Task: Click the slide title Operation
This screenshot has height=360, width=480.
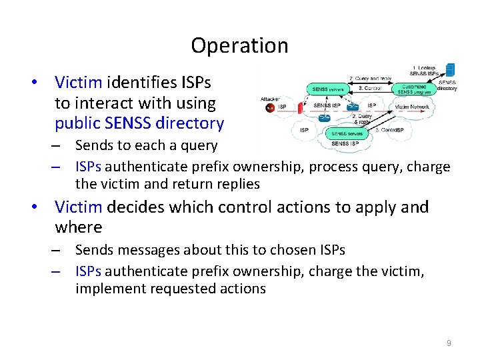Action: coord(239,45)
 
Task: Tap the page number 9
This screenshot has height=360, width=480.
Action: coord(449,343)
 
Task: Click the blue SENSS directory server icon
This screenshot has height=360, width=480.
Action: coord(451,69)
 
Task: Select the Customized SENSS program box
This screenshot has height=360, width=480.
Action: coord(414,89)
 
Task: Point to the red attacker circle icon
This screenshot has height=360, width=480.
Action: coord(270,108)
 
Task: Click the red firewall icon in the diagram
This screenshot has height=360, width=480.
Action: coord(301,107)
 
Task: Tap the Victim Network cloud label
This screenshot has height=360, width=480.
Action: coord(411,107)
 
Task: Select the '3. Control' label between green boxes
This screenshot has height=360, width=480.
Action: coord(370,87)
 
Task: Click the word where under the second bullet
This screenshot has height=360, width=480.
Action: coord(78,227)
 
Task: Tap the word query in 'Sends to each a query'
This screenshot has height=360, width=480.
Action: coord(200,145)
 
